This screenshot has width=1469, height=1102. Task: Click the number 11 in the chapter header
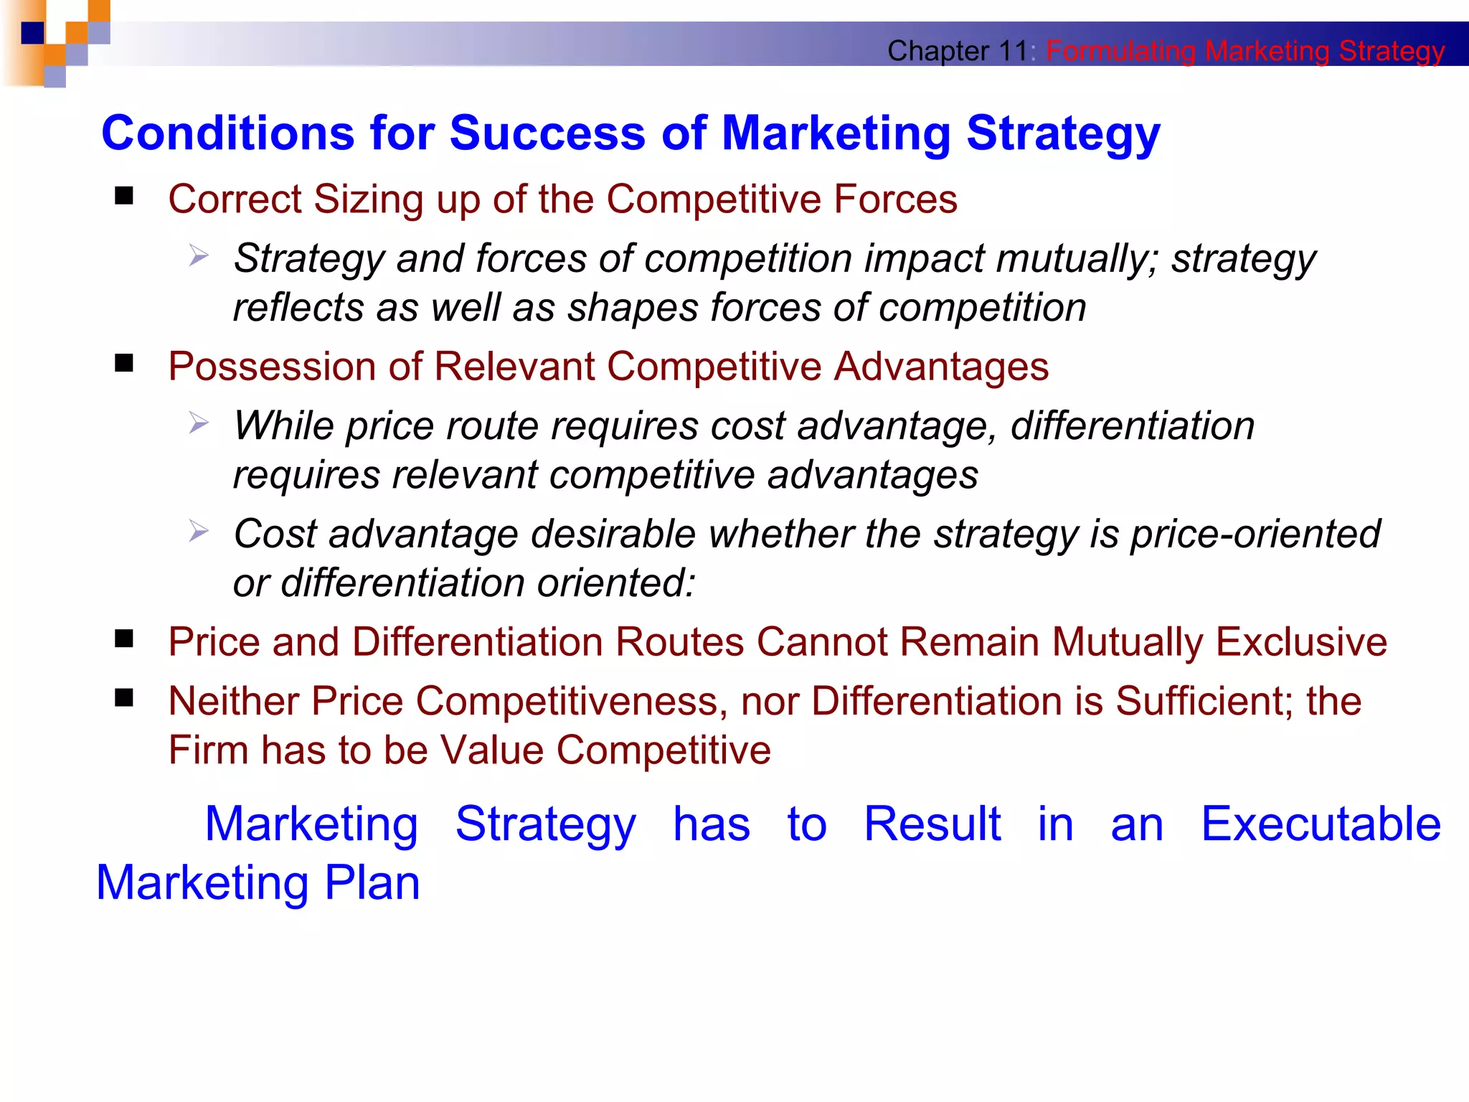point(1014,51)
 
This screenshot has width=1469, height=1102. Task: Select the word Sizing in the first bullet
point(369,199)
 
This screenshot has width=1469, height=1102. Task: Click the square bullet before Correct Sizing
point(124,196)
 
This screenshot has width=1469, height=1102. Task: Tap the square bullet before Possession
point(124,364)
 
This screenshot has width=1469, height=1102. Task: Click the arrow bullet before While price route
point(199,423)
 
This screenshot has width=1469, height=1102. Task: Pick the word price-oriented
point(1255,534)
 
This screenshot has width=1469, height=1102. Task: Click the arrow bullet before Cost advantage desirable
point(199,532)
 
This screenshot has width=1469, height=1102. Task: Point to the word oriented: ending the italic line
point(616,583)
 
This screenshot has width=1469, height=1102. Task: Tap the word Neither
point(233,701)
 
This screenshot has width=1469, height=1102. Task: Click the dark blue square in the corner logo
point(32,33)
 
